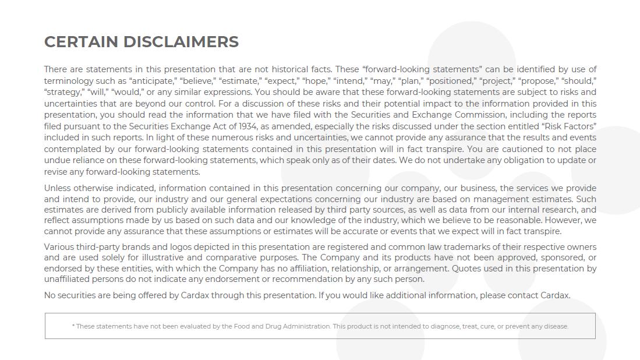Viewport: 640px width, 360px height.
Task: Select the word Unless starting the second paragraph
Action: pyautogui.click(x=58, y=188)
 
